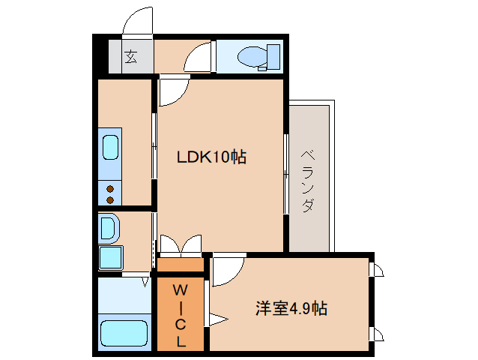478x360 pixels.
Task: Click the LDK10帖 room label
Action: pyautogui.click(x=211, y=157)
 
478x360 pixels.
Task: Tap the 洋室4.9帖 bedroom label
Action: pyautogui.click(x=291, y=308)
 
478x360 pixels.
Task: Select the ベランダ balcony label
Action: pyautogui.click(x=308, y=181)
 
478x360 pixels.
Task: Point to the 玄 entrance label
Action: pyautogui.click(x=131, y=56)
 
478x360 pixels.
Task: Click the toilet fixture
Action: pyautogui.click(x=258, y=57)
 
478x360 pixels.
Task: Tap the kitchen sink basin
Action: pyautogui.click(x=110, y=147)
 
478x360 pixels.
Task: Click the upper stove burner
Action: pyautogui.click(x=110, y=189)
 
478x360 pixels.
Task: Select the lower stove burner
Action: pyautogui.click(x=110, y=200)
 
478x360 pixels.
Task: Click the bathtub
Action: pyautogui.click(x=124, y=333)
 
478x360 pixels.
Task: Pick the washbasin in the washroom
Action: pyautogui.click(x=108, y=228)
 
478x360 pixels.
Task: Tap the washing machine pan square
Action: pyautogui.click(x=110, y=258)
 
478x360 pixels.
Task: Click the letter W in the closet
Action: pyautogui.click(x=180, y=290)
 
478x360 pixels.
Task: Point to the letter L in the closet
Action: pyautogui.click(x=181, y=341)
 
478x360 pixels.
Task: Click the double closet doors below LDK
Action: pyautogui.click(x=181, y=244)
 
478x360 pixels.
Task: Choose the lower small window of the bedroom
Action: pyautogui.click(x=376, y=334)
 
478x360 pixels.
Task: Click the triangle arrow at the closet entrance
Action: pyautogui.click(x=217, y=319)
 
